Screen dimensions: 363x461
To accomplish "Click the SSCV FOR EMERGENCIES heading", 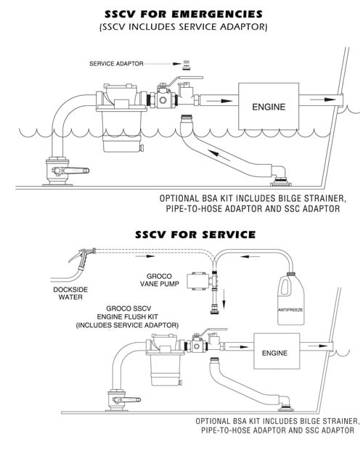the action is pos(184,14).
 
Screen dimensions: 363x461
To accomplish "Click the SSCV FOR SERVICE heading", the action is pos(195,234).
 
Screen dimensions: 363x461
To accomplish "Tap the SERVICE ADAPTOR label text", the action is pos(116,63).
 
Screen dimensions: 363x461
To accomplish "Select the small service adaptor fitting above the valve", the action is pos(186,65).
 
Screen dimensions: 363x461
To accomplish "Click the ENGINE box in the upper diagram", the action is pos(269,107).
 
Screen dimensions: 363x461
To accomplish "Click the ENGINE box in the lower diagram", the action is pos(277,351).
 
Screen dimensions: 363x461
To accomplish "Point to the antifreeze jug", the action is pos(290,299).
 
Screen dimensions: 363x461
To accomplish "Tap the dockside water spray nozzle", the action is pos(82,258).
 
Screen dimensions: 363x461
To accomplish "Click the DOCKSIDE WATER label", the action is pos(70,293).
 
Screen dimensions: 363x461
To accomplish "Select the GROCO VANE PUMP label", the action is pos(159,280).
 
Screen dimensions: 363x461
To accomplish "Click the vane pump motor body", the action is pos(198,282).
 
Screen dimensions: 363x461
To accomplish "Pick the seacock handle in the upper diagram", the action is pos(76,171).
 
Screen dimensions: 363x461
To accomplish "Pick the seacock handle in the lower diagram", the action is pos(131,400).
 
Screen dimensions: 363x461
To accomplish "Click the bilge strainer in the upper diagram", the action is pos(281,183).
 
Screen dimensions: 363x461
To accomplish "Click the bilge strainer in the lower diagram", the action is pos(286,409).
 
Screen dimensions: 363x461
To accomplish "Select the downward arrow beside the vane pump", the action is pos(224,298).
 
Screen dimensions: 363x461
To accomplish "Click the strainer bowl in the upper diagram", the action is pos(122,131).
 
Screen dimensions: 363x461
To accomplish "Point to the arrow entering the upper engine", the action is pos(219,101).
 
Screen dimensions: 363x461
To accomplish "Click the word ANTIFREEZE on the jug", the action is pos(290,310).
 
